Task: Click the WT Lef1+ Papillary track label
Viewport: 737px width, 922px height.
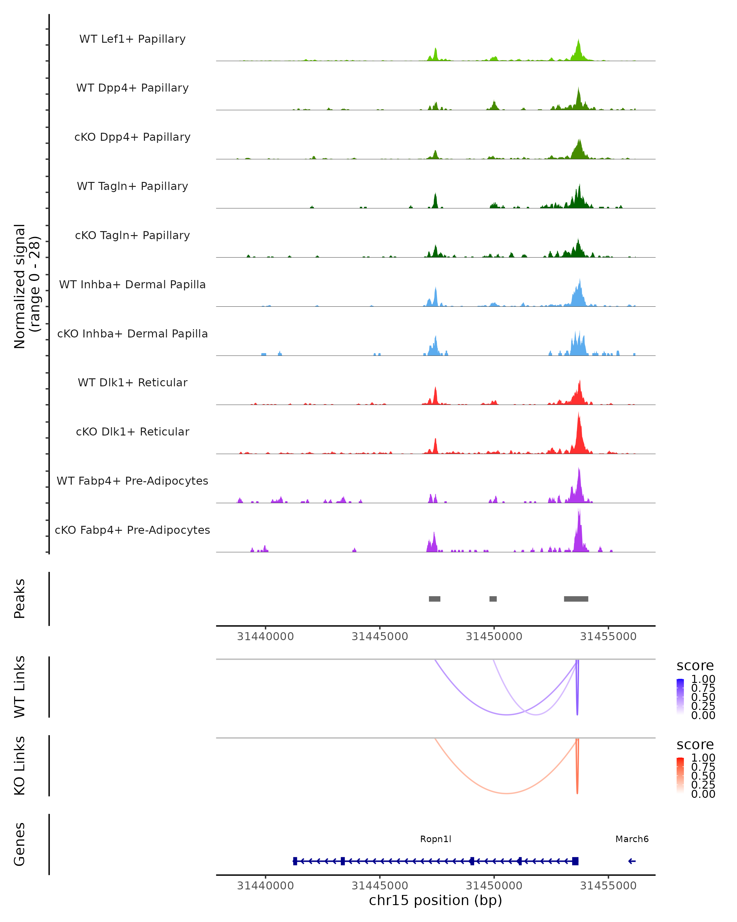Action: point(132,39)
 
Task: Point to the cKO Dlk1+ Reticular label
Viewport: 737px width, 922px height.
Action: point(132,431)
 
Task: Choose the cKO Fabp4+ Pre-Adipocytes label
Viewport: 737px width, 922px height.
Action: point(132,530)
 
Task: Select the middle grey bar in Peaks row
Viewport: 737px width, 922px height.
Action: point(493,599)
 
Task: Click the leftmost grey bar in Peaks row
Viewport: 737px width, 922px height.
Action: point(435,599)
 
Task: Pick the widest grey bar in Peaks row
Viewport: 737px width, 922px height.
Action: point(576,599)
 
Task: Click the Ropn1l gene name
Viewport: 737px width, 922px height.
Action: point(435,839)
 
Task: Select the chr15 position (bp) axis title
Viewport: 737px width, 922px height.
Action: point(435,900)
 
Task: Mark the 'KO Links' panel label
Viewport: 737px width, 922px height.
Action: point(20,766)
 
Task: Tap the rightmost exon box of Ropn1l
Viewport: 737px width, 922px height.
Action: point(575,861)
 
